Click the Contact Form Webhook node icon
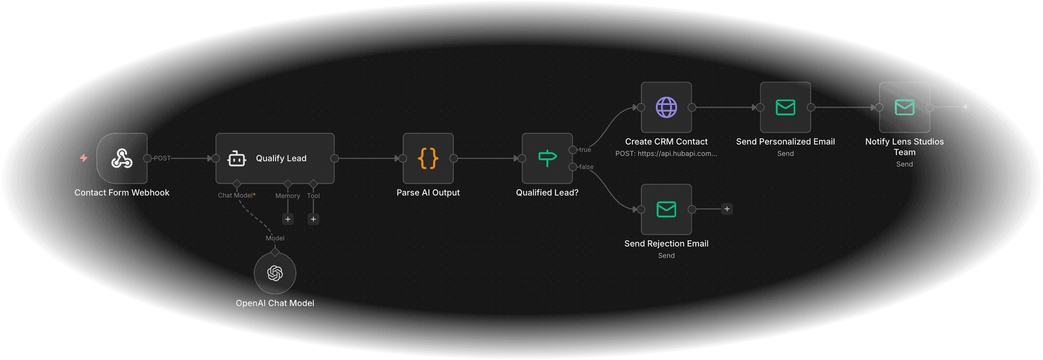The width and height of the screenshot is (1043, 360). [x=122, y=158]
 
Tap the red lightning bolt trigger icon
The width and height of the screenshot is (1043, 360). [x=84, y=158]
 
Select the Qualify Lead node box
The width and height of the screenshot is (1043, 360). [x=275, y=158]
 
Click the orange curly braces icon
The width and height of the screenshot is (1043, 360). [x=428, y=158]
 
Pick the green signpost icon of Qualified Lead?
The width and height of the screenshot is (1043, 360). [x=547, y=158]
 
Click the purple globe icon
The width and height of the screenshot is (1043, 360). [x=666, y=107]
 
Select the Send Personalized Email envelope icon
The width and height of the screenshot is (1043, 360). [x=785, y=107]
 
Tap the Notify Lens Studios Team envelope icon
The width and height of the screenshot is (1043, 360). [x=904, y=107]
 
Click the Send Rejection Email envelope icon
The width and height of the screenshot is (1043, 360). [x=666, y=209]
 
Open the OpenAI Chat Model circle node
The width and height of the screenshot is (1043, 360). [x=275, y=273]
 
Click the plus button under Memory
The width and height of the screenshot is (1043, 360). [x=288, y=219]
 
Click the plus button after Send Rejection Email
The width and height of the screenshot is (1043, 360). [x=727, y=209]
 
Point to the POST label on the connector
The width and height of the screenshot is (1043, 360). [x=162, y=158]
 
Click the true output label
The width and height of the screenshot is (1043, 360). [x=585, y=150]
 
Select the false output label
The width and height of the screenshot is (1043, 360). [x=586, y=167]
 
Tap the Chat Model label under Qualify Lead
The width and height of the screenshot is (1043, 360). [x=236, y=196]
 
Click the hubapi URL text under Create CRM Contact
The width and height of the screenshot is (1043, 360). [x=666, y=154]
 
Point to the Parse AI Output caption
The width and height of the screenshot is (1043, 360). [x=428, y=192]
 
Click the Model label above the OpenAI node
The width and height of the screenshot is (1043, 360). [x=275, y=238]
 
